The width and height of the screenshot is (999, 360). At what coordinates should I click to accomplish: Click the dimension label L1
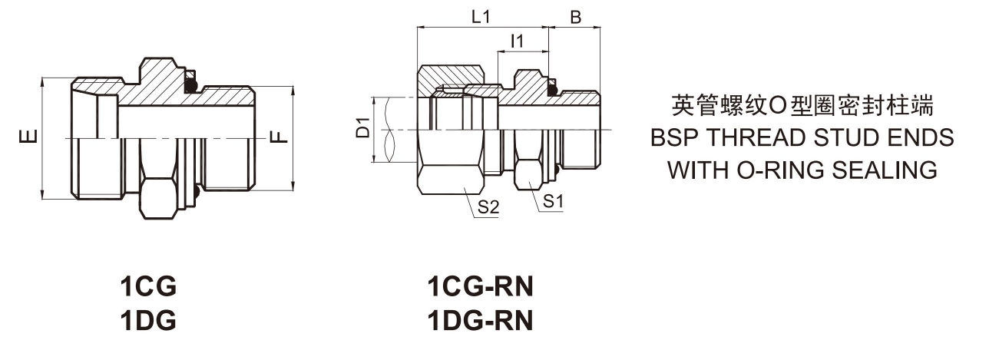481,18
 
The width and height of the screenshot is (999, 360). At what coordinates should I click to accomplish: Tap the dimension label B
576,18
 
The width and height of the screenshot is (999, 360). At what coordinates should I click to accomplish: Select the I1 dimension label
517,41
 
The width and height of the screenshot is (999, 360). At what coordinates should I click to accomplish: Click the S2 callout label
488,207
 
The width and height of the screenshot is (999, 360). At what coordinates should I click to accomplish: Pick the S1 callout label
554,201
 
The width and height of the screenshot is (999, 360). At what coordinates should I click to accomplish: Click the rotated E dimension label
28,137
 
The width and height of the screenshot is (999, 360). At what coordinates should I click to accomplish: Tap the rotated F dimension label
280,137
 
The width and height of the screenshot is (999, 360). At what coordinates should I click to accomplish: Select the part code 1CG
148,286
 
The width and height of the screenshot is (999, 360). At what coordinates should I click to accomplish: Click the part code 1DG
148,321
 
